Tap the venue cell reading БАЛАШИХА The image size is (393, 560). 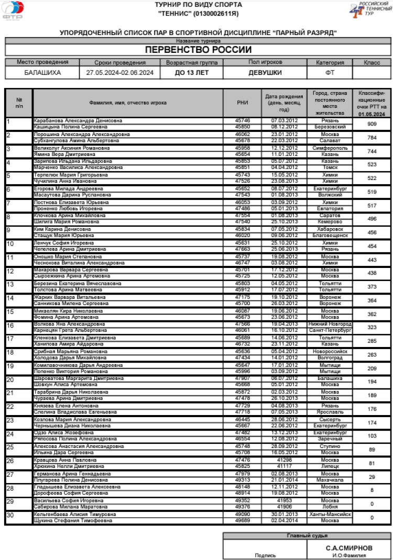pos(42,73)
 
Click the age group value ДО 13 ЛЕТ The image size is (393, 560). pos(192,73)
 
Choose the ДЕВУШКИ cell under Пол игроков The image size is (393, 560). pos(265,73)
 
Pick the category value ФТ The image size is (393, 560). pos(330,73)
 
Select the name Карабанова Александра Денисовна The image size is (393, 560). pos(78,120)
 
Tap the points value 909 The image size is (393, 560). pos(372,124)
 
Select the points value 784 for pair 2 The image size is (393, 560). pos(372,138)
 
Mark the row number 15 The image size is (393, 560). pos(10,311)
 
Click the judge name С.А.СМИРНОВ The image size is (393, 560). pos(349,547)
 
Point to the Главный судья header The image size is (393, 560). pos(307,535)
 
